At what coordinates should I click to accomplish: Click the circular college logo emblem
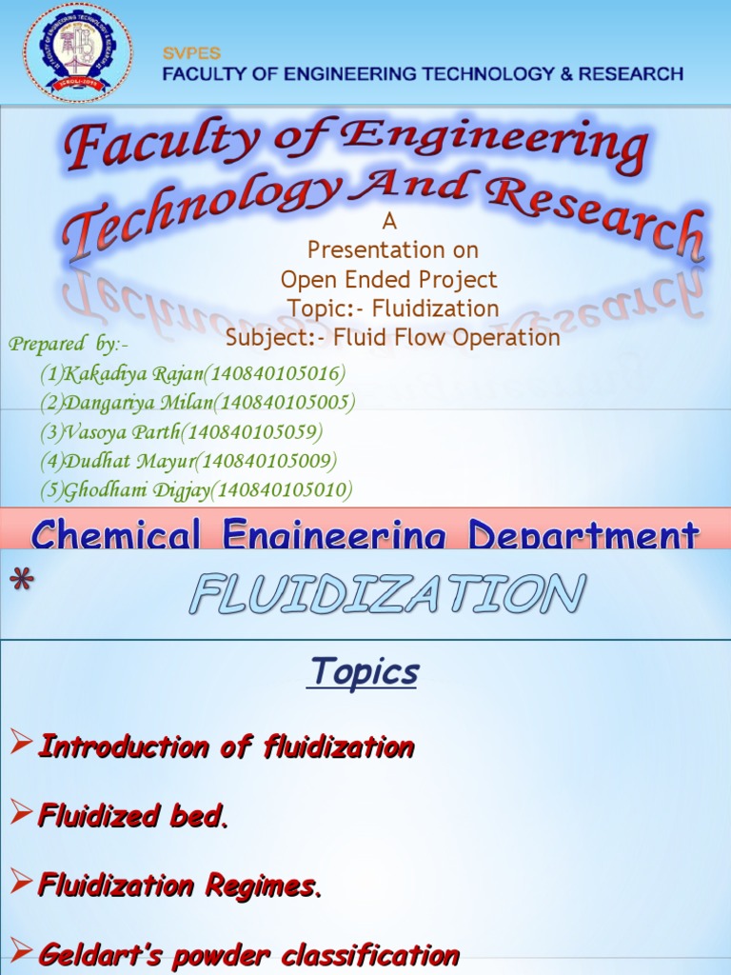tap(79, 52)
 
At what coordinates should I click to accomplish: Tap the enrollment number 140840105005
tap(285, 402)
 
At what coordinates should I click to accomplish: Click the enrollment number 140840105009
tap(268, 462)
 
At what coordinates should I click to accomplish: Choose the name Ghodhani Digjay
tap(135, 490)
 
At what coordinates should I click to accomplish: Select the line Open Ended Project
tap(388, 280)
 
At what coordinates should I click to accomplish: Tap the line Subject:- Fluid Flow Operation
tap(392, 338)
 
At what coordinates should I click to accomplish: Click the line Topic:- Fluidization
tap(393, 308)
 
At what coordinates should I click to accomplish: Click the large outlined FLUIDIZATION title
tap(385, 595)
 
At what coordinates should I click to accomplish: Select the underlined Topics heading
tap(364, 672)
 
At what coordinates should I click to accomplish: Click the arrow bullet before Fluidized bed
tap(21, 814)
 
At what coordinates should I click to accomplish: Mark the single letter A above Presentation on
tap(387, 222)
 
